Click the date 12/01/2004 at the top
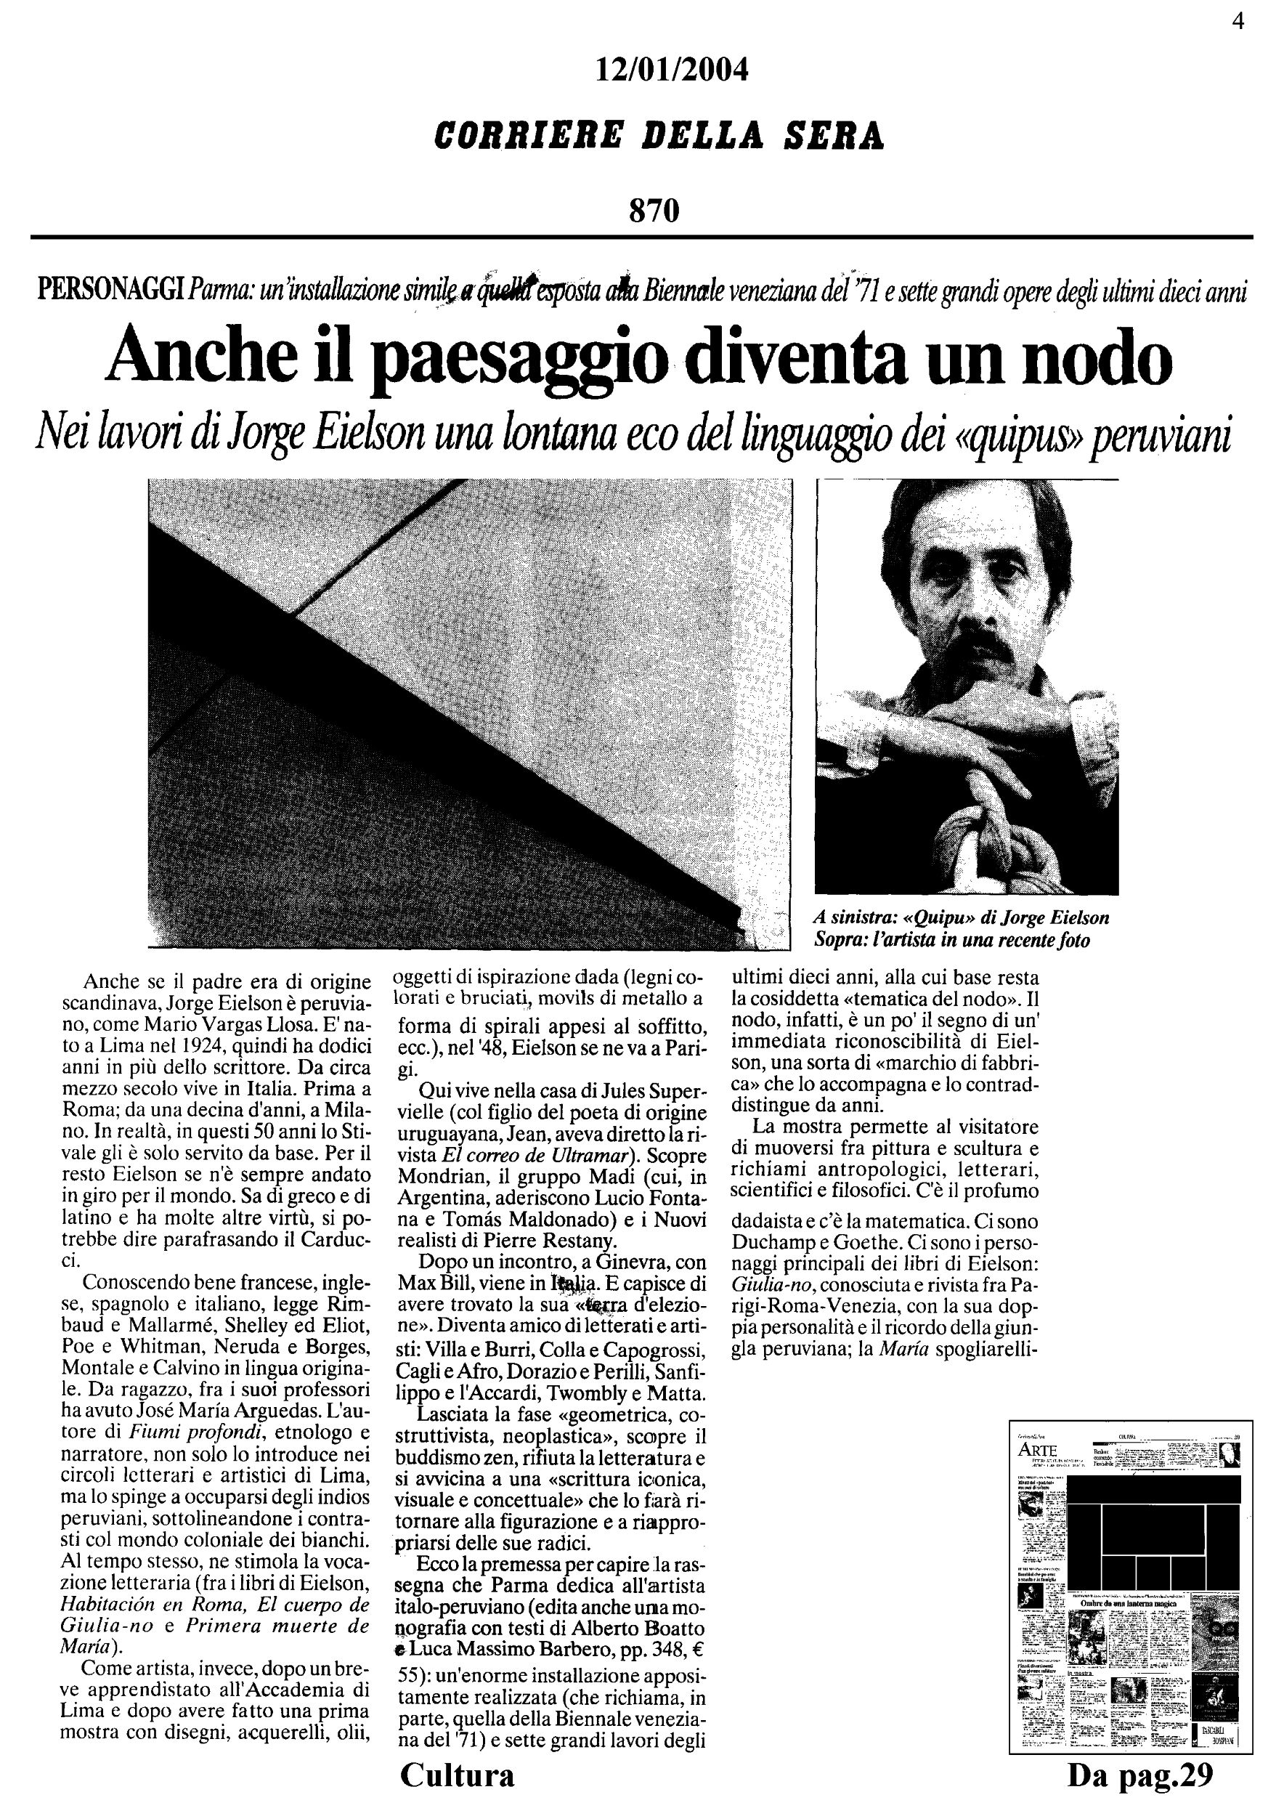[x=671, y=71]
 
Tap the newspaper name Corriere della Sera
[x=659, y=135]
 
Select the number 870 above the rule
[x=654, y=211]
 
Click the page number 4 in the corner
[x=1238, y=21]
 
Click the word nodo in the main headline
[x=1106, y=361]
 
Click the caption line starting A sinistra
[x=962, y=918]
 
